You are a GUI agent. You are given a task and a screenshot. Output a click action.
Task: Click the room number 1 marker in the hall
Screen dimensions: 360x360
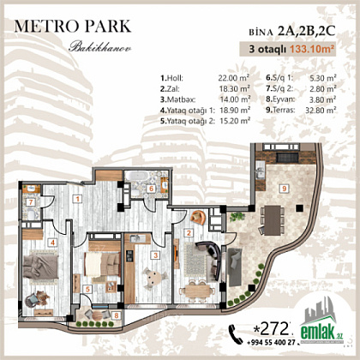point(77,199)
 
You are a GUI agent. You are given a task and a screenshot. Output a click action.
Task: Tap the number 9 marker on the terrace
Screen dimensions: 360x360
point(284,189)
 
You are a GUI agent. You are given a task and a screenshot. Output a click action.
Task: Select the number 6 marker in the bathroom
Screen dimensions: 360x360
point(152,189)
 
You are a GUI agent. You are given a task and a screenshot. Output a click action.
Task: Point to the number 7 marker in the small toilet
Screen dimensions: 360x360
point(31,202)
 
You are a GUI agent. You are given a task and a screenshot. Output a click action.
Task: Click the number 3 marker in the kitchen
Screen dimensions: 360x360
point(155,255)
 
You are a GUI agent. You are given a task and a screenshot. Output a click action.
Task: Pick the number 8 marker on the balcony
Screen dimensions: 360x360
point(117,315)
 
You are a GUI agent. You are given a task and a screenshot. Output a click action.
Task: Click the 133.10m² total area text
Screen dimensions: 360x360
point(312,49)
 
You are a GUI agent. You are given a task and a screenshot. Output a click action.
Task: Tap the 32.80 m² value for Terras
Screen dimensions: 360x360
point(321,110)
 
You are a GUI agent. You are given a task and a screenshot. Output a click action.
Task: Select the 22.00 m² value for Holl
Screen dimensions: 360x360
point(234,78)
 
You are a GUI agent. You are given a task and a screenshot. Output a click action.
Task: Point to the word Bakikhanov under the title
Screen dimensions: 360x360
point(99,47)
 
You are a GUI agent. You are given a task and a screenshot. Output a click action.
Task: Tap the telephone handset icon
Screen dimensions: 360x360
point(236,334)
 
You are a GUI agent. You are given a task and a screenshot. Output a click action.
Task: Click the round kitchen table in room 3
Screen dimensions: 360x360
point(153,278)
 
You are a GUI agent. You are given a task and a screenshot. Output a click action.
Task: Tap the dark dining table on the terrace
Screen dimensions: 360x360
point(273,220)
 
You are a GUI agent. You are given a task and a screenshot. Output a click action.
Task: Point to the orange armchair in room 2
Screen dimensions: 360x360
point(198,218)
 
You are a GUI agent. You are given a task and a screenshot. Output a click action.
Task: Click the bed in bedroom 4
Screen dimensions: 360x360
point(40,267)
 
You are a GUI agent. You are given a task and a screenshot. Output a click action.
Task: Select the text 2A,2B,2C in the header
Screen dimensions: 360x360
point(306,32)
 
